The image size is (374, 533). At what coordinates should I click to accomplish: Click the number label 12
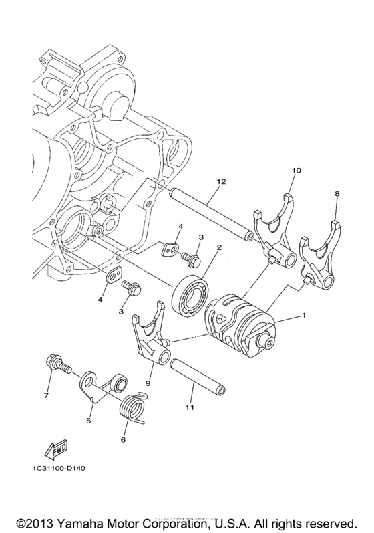[221, 182]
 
